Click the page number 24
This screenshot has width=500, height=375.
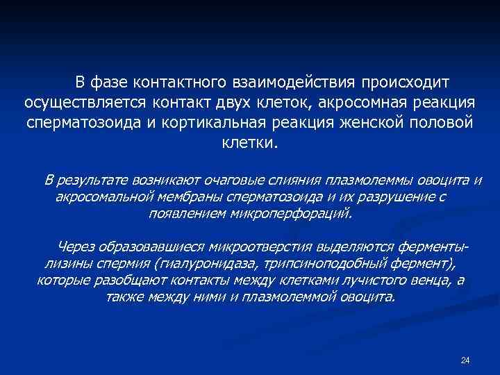(x=465, y=360)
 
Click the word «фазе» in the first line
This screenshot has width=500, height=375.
(x=107, y=83)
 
